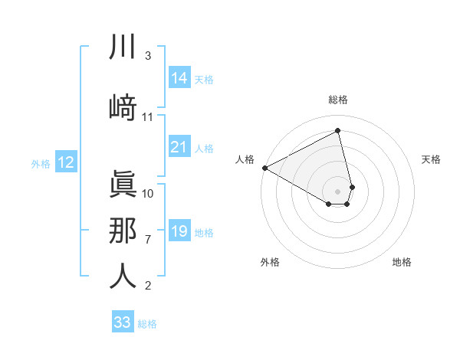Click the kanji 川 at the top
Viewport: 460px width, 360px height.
(123, 47)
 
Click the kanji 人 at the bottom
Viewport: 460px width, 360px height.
(123, 275)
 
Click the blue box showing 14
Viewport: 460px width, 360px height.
(179, 78)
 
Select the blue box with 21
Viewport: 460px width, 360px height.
(179, 147)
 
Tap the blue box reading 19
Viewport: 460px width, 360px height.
(179, 231)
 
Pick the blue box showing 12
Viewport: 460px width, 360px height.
(65, 162)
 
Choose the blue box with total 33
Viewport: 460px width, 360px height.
(123, 322)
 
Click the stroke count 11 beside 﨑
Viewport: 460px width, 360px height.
(148, 117)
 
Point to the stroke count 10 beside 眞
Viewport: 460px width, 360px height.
(148, 193)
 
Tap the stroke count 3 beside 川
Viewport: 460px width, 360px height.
(148, 55)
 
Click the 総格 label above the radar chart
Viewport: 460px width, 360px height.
(338, 100)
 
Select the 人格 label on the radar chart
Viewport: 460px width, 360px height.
(245, 159)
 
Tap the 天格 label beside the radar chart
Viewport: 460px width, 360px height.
(431, 159)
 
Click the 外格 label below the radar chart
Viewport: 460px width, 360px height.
(270, 263)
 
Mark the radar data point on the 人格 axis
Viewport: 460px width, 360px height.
(264, 168)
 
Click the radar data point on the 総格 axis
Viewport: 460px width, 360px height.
(338, 131)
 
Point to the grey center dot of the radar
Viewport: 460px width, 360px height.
(338, 190)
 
